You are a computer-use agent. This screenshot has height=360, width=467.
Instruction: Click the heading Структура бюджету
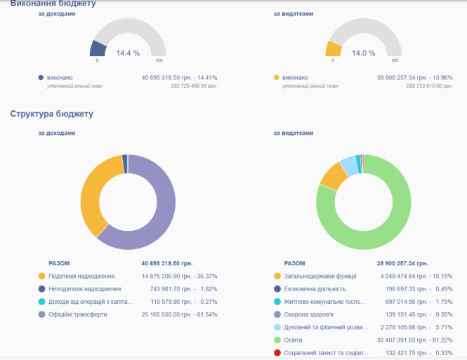[x=51, y=113]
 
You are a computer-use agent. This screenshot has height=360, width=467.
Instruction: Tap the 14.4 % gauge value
[x=128, y=53]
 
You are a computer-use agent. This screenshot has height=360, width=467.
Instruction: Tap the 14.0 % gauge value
[x=363, y=53]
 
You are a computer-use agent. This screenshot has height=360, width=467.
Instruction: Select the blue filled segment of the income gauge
[x=98, y=48]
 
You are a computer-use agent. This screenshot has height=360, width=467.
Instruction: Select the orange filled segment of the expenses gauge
[x=333, y=48]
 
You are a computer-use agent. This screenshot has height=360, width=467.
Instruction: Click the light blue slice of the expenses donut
[x=348, y=166]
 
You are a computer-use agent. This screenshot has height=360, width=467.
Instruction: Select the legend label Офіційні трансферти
[x=77, y=314]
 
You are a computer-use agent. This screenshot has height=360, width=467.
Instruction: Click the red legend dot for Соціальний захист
[x=277, y=352]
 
